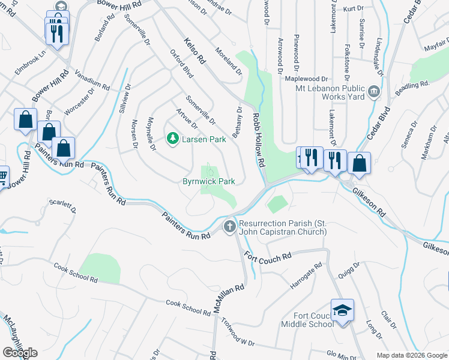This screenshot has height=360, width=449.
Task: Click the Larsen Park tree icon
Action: (x=173, y=139)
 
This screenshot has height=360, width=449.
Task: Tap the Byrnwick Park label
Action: (x=209, y=181)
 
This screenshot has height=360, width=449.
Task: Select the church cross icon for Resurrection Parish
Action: (x=229, y=227)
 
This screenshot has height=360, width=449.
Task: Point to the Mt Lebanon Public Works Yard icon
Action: (x=375, y=92)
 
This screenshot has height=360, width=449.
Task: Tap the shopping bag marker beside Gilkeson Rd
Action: (x=359, y=164)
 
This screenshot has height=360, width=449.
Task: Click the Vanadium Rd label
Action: (x=92, y=80)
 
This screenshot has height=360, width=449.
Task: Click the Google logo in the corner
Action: (x=20, y=353)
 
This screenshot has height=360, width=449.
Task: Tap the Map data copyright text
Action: (x=412, y=355)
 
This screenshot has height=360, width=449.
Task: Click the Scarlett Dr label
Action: (x=62, y=206)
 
